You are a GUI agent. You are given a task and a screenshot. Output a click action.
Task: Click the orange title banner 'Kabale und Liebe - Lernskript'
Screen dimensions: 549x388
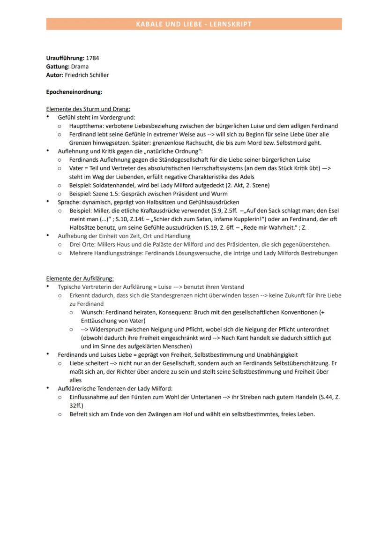[x=194, y=24]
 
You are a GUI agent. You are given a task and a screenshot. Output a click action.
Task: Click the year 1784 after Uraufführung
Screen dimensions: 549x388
[x=92, y=58]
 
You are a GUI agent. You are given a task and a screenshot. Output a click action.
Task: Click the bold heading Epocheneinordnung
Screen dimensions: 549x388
[x=74, y=92]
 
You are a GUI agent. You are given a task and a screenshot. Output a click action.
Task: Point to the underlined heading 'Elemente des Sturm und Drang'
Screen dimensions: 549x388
[x=88, y=109]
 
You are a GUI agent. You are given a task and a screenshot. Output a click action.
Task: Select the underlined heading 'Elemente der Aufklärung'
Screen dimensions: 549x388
[x=80, y=278]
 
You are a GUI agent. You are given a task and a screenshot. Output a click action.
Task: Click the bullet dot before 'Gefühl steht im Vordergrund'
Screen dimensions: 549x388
[x=48, y=118]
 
